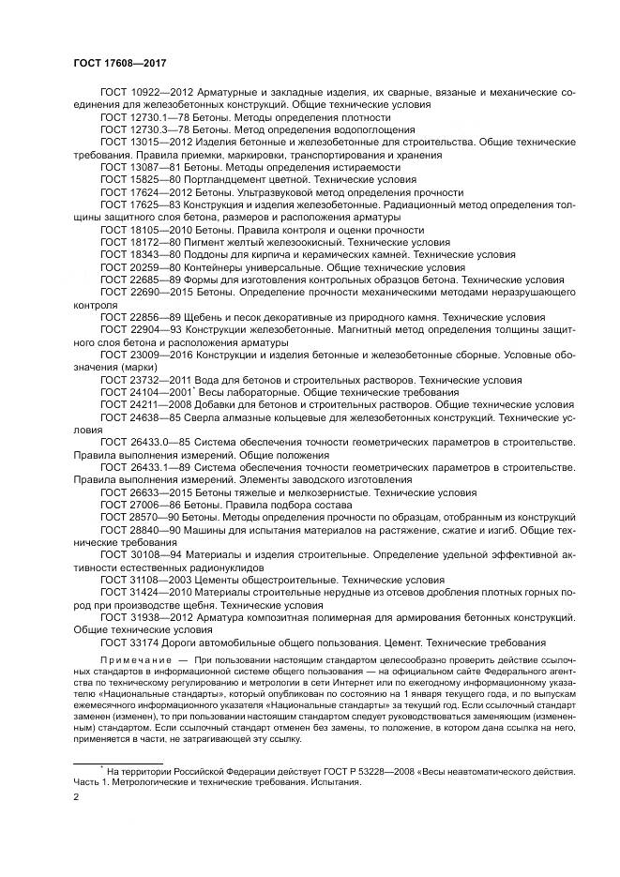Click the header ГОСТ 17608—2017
click(106, 60)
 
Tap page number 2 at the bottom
click(76, 797)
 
